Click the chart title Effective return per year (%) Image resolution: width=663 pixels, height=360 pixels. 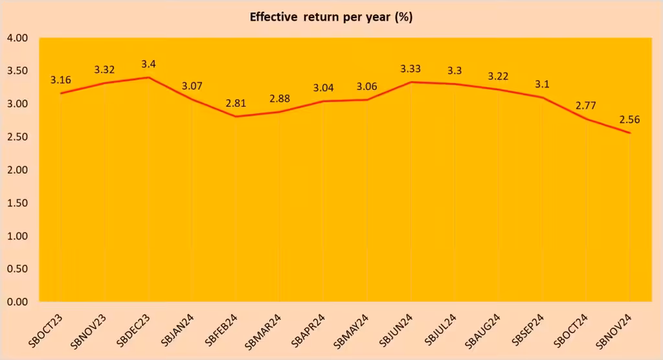coord(331,17)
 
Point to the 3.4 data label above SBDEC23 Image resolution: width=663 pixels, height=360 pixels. coord(149,64)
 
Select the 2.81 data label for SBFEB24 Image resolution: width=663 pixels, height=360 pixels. coord(236,103)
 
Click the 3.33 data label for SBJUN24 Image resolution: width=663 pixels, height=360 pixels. coord(411,69)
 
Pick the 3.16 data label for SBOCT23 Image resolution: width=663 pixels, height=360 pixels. coord(61,80)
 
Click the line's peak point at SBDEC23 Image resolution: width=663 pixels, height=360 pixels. coord(149,78)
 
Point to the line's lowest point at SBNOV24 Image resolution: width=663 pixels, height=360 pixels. coord(629,133)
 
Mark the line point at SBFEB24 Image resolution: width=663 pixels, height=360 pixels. coord(236,117)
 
